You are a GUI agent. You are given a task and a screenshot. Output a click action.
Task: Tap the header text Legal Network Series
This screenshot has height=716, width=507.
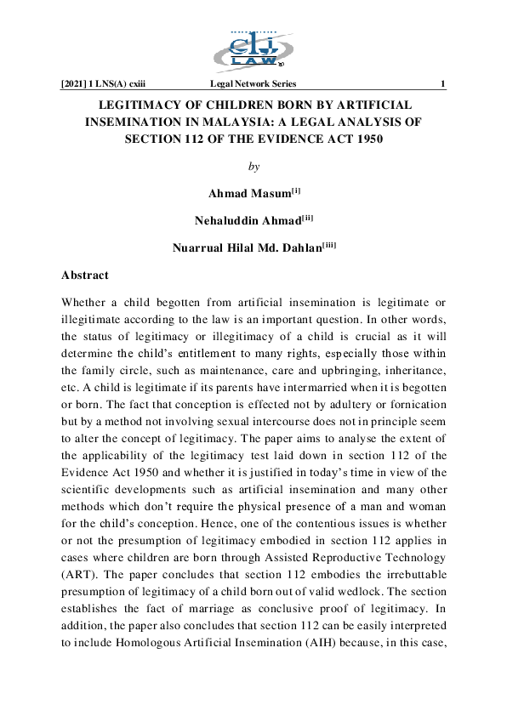253,83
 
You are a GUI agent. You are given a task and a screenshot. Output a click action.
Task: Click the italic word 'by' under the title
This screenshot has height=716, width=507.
253,166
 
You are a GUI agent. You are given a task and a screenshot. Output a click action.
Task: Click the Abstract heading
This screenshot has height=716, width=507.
85,276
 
